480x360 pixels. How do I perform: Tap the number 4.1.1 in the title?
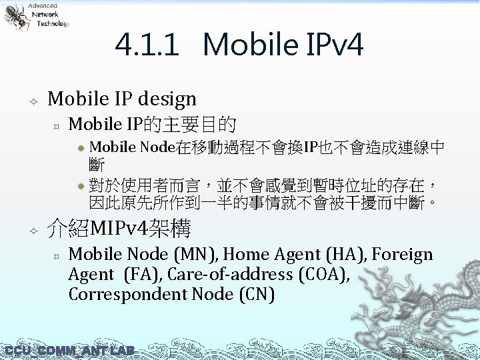tap(147, 45)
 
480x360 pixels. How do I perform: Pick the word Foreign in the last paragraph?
tap(402, 255)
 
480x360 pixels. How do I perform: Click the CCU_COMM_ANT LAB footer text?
tap(69, 351)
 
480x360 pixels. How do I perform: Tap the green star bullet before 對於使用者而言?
tap(79, 184)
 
